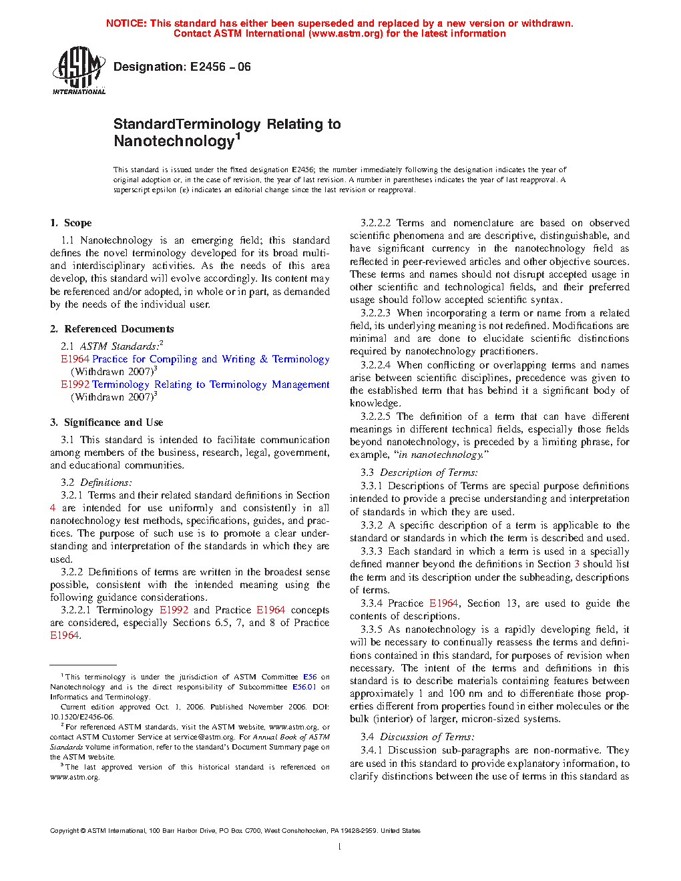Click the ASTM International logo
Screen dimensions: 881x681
(79, 70)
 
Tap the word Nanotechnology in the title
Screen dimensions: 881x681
(174, 141)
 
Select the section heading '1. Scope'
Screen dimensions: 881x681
(71, 223)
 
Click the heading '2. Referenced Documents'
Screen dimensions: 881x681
(112, 329)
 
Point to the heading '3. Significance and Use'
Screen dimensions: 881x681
(107, 422)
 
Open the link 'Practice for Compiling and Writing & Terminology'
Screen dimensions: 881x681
(210, 359)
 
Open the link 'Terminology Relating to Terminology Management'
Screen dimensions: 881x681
(210, 384)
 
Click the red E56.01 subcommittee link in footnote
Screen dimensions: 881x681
(304, 687)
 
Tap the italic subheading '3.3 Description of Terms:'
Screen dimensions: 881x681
(419, 473)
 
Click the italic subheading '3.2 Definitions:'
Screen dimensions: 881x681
(97, 483)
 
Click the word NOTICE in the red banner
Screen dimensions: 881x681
(126, 23)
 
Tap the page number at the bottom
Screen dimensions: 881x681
(340, 847)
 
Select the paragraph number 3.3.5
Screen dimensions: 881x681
(372, 629)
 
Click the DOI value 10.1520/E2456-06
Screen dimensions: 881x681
(81, 717)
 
